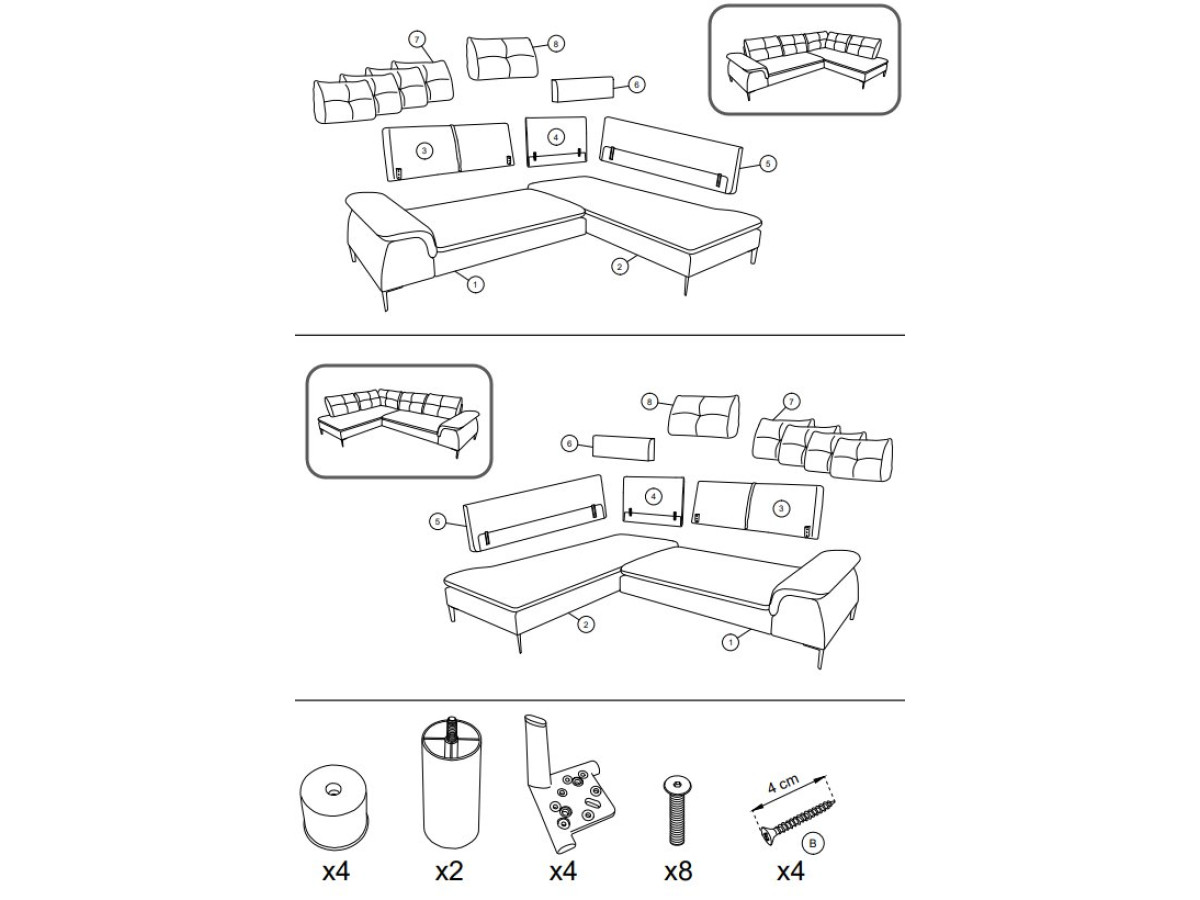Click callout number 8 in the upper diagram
[x=555, y=44]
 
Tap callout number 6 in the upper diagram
[x=636, y=85]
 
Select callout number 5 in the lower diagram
[x=437, y=522]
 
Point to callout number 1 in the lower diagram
[x=730, y=642]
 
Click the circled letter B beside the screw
[x=812, y=843]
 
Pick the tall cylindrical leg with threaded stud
[x=452, y=783]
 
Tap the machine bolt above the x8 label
[x=677, y=810]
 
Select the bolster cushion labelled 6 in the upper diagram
[x=582, y=90]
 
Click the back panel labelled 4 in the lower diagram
[x=653, y=501]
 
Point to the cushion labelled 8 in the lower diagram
[x=704, y=416]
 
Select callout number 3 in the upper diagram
[x=424, y=151]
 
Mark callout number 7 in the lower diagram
[x=791, y=402]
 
